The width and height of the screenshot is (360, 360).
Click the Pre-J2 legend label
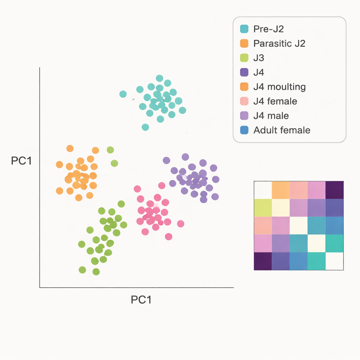coord(268,29)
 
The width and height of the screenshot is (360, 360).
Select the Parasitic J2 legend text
coord(279,44)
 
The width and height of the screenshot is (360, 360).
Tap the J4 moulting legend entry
coord(279,87)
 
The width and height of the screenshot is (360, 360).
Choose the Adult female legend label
coord(282,130)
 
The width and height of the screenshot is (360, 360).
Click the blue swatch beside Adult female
coord(244,130)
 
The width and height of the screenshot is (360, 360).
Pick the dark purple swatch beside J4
coord(244,72)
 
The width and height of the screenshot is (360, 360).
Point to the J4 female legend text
coord(275,101)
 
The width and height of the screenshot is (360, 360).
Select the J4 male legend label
coord(271,116)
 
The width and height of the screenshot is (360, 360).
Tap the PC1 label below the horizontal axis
coord(141,300)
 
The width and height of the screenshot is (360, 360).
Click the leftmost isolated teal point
coord(123,94)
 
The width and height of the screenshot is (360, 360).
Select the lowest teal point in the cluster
coord(145,127)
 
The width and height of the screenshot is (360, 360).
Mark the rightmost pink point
coord(181,224)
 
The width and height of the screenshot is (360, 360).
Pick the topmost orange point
coord(70,148)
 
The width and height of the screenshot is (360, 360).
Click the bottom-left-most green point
coord(82,270)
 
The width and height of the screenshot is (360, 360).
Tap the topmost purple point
coord(185,157)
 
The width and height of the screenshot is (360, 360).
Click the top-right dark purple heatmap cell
coord(334,190)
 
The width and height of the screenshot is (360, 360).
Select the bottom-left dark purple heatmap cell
coord(263,261)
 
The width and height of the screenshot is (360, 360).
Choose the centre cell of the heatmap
coord(298,226)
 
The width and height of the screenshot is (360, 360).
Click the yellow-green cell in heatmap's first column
coord(263,208)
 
